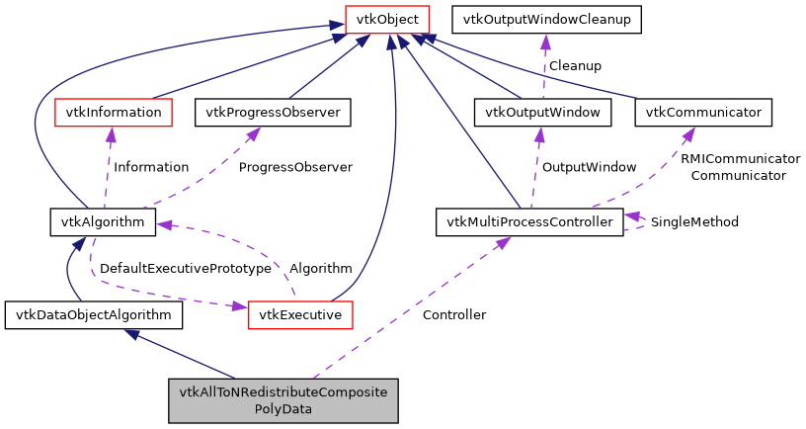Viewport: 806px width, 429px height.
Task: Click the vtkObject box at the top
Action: (386, 18)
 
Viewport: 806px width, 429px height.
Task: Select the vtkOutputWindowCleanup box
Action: (546, 18)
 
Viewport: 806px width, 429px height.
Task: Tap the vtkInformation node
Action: (113, 113)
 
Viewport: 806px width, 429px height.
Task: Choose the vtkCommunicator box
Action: (703, 113)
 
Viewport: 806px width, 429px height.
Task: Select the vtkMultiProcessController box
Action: (529, 221)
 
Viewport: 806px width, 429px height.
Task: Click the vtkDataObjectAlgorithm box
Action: (94, 315)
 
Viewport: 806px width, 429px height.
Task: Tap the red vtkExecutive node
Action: (300, 315)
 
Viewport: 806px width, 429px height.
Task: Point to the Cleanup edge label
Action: (575, 65)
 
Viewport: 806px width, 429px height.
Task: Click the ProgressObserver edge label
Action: (295, 167)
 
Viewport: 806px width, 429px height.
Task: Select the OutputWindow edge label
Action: (589, 167)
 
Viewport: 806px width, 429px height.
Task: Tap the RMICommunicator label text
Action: (739, 158)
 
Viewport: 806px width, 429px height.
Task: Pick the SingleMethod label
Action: (694, 221)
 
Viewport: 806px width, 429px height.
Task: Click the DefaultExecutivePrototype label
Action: (185, 268)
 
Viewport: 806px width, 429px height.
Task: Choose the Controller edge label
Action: (453, 314)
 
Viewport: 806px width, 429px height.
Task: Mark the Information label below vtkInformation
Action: (150, 167)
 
